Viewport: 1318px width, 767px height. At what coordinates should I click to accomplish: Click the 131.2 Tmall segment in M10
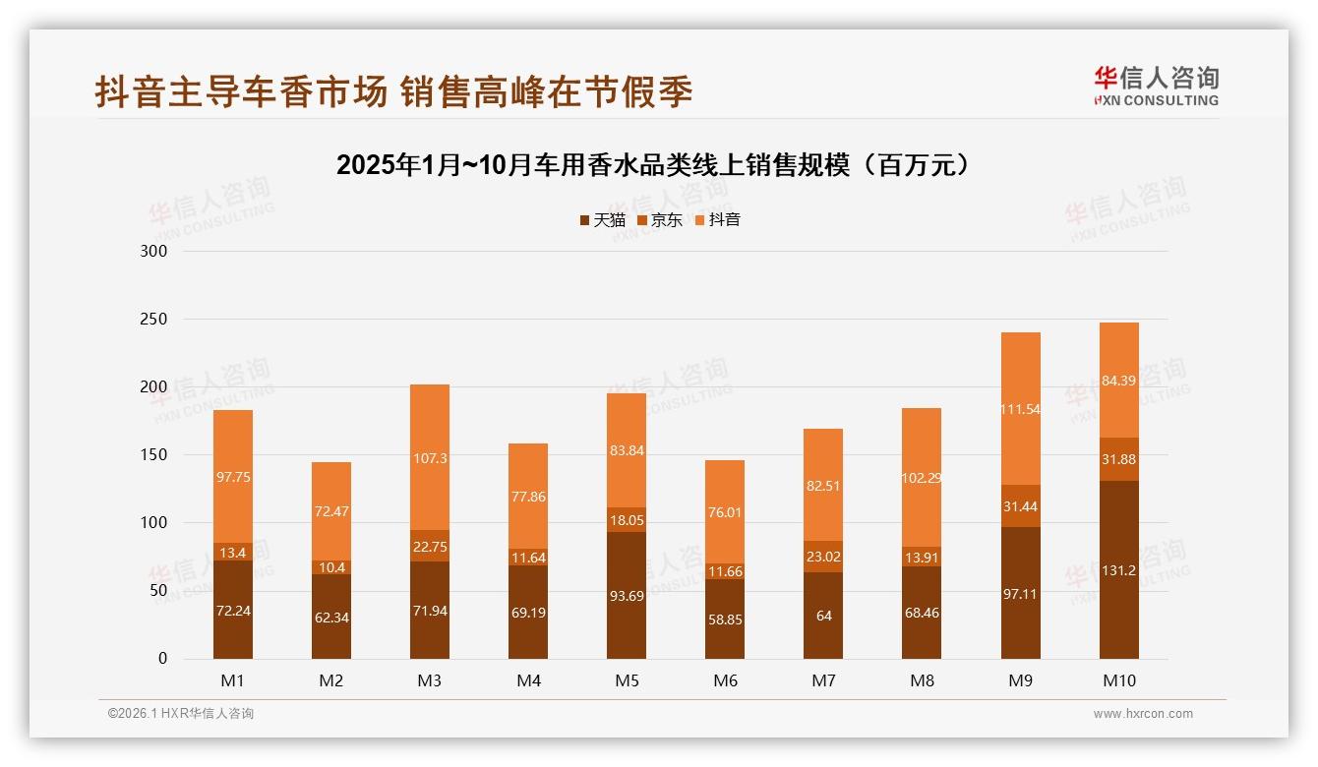pos(1118,570)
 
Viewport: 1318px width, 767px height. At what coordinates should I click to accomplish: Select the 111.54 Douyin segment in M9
pos(1020,409)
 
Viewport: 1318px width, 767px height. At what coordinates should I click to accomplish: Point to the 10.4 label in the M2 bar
pos(331,568)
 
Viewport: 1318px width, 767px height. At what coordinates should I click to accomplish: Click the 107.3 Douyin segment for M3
pos(430,458)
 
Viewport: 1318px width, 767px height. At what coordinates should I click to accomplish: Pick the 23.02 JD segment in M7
pos(823,557)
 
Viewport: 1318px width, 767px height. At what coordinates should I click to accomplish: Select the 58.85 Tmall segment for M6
pos(725,619)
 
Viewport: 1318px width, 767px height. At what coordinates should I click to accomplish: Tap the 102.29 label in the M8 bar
pos(922,479)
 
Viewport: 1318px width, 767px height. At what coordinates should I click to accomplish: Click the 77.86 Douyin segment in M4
pos(528,497)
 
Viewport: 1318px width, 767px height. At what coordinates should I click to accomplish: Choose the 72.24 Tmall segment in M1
pos(233,610)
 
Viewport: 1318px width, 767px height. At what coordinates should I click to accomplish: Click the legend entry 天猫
pos(602,220)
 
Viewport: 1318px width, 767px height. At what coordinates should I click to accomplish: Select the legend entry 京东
pos(660,220)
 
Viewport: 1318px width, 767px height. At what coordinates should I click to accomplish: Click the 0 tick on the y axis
pos(163,659)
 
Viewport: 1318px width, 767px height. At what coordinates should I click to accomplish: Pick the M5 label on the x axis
pos(627,680)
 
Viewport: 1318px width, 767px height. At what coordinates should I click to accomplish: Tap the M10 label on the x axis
pos(1118,680)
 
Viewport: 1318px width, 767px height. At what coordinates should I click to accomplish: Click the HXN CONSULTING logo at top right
pos(1156,87)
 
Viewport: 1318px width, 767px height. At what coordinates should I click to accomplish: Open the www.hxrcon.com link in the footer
pos(1143,714)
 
